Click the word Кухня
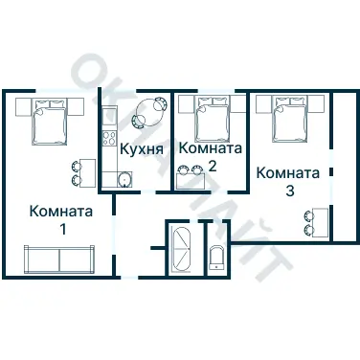click(141, 149)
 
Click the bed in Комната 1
click(51, 121)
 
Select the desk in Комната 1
click(87, 172)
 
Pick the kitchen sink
click(124, 179)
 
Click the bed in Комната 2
click(211, 119)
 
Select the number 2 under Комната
click(212, 166)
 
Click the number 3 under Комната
click(289, 191)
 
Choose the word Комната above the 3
click(288, 173)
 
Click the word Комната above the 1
click(61, 212)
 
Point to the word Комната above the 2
click(213, 148)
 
